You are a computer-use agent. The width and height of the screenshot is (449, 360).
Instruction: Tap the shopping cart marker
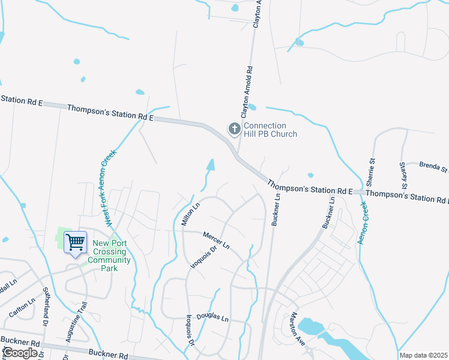tap(75, 242)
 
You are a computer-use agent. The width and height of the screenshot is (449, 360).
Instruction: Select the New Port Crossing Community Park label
tap(111, 256)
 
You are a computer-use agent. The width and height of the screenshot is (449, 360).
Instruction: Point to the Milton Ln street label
tap(190, 214)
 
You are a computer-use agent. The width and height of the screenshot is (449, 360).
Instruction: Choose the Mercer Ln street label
tap(216, 240)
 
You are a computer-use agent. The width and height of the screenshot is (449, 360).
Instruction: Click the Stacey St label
tap(404, 174)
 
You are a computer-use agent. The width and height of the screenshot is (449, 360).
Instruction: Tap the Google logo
tap(20, 353)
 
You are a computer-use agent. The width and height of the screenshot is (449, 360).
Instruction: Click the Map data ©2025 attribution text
tap(423, 355)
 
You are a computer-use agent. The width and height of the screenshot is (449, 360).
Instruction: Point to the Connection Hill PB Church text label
tap(270, 130)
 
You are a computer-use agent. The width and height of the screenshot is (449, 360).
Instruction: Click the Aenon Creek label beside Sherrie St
tap(363, 223)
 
